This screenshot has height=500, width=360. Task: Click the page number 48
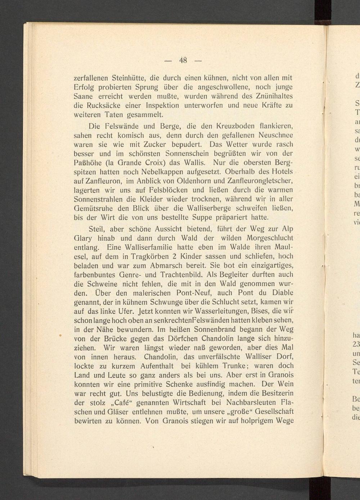click(183, 60)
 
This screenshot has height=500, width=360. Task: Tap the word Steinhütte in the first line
click(129, 78)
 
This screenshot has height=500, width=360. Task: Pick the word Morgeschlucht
click(270, 238)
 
